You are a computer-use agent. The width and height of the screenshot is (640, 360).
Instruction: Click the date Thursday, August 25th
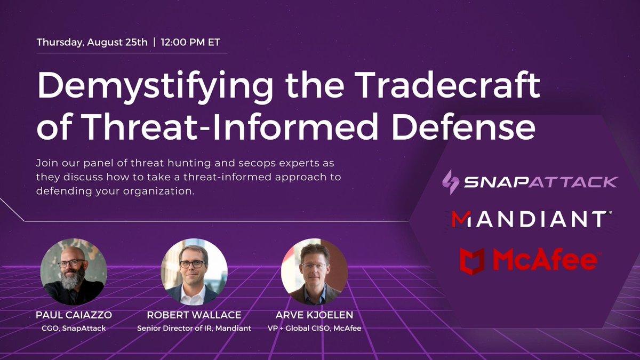pyautogui.click(x=92, y=43)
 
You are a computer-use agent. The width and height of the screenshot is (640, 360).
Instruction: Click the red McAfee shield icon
pyautogui.click(x=472, y=260)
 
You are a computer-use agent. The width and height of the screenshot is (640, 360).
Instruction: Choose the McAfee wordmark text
pyautogui.click(x=544, y=260)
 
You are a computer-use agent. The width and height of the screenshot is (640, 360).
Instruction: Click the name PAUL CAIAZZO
pyautogui.click(x=75, y=316)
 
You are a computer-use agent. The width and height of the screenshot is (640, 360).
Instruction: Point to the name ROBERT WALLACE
pyautogui.click(x=194, y=316)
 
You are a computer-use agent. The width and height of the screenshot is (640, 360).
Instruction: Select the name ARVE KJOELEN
pyautogui.click(x=314, y=316)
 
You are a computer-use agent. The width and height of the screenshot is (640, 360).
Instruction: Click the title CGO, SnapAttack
pyautogui.click(x=75, y=329)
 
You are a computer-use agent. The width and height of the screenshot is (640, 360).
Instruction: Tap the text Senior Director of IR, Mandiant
pyautogui.click(x=194, y=329)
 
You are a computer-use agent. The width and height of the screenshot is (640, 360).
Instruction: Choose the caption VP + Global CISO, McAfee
pyautogui.click(x=314, y=329)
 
